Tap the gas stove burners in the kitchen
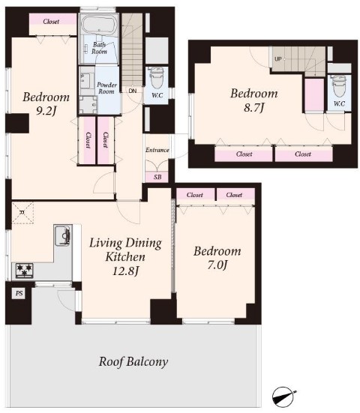point(24,271)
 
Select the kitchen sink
point(63,235)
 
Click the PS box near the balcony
point(19,293)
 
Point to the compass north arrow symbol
point(284,395)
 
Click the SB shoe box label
point(157,177)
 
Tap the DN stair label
point(133,91)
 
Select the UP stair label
point(278,59)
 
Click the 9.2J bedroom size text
point(46,112)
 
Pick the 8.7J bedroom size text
point(253,108)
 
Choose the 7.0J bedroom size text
point(217,265)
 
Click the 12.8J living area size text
point(125,271)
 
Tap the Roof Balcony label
point(133,361)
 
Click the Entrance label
point(157,150)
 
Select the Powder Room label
point(106,88)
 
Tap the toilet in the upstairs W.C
point(339,86)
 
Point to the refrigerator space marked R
point(22,213)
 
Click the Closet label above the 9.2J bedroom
point(51,21)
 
